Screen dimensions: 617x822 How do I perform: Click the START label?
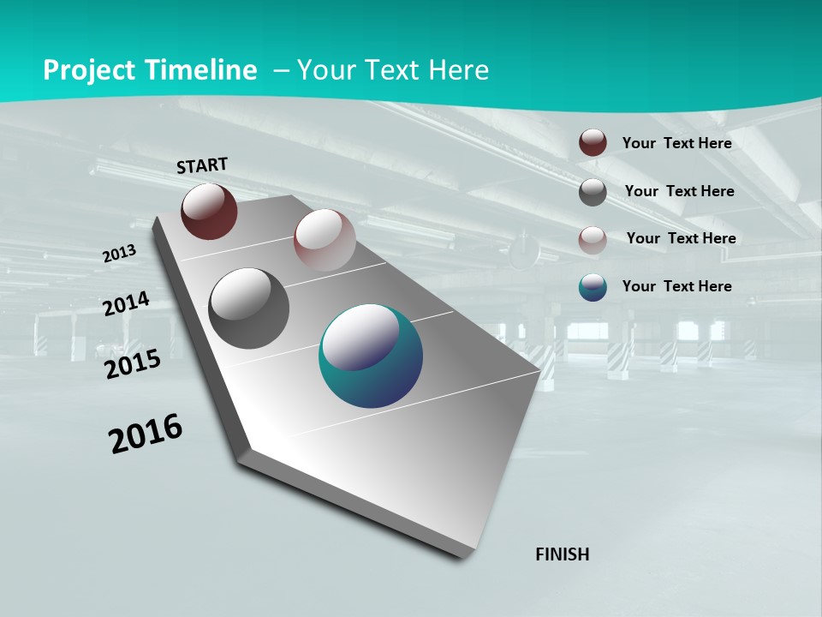coord(202,165)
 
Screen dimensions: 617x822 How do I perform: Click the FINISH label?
coord(562,554)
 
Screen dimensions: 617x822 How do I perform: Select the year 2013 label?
coord(120,253)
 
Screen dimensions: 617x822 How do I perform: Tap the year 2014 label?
coord(127,303)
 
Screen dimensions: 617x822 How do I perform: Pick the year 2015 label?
coord(133,364)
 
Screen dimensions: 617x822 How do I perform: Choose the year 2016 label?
coord(146,434)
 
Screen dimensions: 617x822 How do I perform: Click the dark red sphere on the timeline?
coord(209,212)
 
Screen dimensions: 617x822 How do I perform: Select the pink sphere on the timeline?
coord(324,240)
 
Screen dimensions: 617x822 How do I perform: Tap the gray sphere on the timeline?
coord(249,308)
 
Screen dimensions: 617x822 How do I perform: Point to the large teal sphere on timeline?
coord(371,356)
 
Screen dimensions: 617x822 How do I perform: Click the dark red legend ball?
coord(593,143)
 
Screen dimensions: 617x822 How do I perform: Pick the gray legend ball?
coord(593,192)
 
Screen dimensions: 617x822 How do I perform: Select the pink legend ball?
coord(593,239)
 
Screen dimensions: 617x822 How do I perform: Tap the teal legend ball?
coord(593,287)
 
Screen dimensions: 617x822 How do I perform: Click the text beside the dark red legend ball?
coord(676,143)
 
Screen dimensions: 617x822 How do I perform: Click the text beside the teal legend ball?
coord(676,286)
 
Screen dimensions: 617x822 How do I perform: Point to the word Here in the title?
coord(458,70)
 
